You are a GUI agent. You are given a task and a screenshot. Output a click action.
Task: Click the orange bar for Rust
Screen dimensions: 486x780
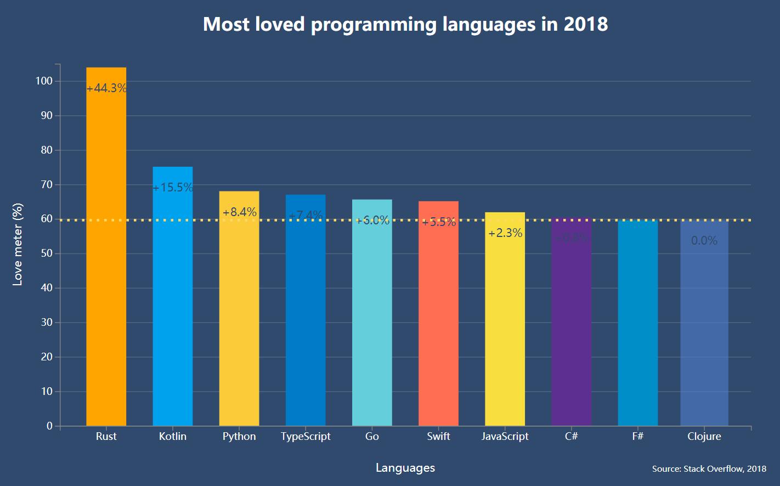[x=106, y=247]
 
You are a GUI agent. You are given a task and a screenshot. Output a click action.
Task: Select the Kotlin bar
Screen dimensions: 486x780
[x=173, y=296]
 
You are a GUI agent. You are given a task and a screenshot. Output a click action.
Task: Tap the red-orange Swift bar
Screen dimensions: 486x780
[x=438, y=318]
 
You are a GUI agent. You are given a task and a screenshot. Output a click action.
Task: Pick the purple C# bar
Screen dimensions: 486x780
[x=571, y=329]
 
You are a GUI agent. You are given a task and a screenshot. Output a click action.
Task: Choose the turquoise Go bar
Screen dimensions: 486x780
[x=372, y=318]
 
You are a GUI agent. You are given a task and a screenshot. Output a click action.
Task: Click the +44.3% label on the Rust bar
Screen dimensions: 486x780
[x=106, y=88]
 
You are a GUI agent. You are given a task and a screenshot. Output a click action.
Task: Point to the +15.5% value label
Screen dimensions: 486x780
[x=173, y=188]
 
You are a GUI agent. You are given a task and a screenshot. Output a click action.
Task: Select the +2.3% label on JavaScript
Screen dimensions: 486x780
[x=505, y=233]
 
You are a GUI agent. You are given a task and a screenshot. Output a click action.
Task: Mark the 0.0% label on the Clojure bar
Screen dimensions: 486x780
[x=704, y=241]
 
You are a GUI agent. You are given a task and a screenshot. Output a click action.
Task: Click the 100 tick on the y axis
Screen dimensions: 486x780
[x=44, y=81]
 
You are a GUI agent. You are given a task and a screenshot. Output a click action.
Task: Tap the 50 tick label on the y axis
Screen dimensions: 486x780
[x=47, y=253]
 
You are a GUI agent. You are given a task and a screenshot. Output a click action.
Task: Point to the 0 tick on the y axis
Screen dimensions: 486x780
[x=50, y=426]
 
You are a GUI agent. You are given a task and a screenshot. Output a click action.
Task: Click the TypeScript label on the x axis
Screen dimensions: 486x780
[x=306, y=437]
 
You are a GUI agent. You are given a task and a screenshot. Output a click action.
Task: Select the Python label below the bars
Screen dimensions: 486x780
[x=239, y=437]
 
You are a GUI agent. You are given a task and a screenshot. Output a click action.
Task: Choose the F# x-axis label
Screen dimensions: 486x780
[x=637, y=437]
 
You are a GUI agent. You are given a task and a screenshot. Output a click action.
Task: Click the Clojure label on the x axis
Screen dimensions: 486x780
[x=704, y=437]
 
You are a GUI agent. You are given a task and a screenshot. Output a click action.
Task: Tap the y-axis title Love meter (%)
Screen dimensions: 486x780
[x=18, y=244]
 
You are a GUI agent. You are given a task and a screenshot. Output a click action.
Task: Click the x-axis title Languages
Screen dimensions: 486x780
[x=405, y=468]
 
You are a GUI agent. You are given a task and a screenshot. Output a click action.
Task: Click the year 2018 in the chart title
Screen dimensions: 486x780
[x=586, y=24]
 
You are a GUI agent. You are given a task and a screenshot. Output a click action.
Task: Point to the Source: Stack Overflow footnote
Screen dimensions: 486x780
[x=709, y=469]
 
